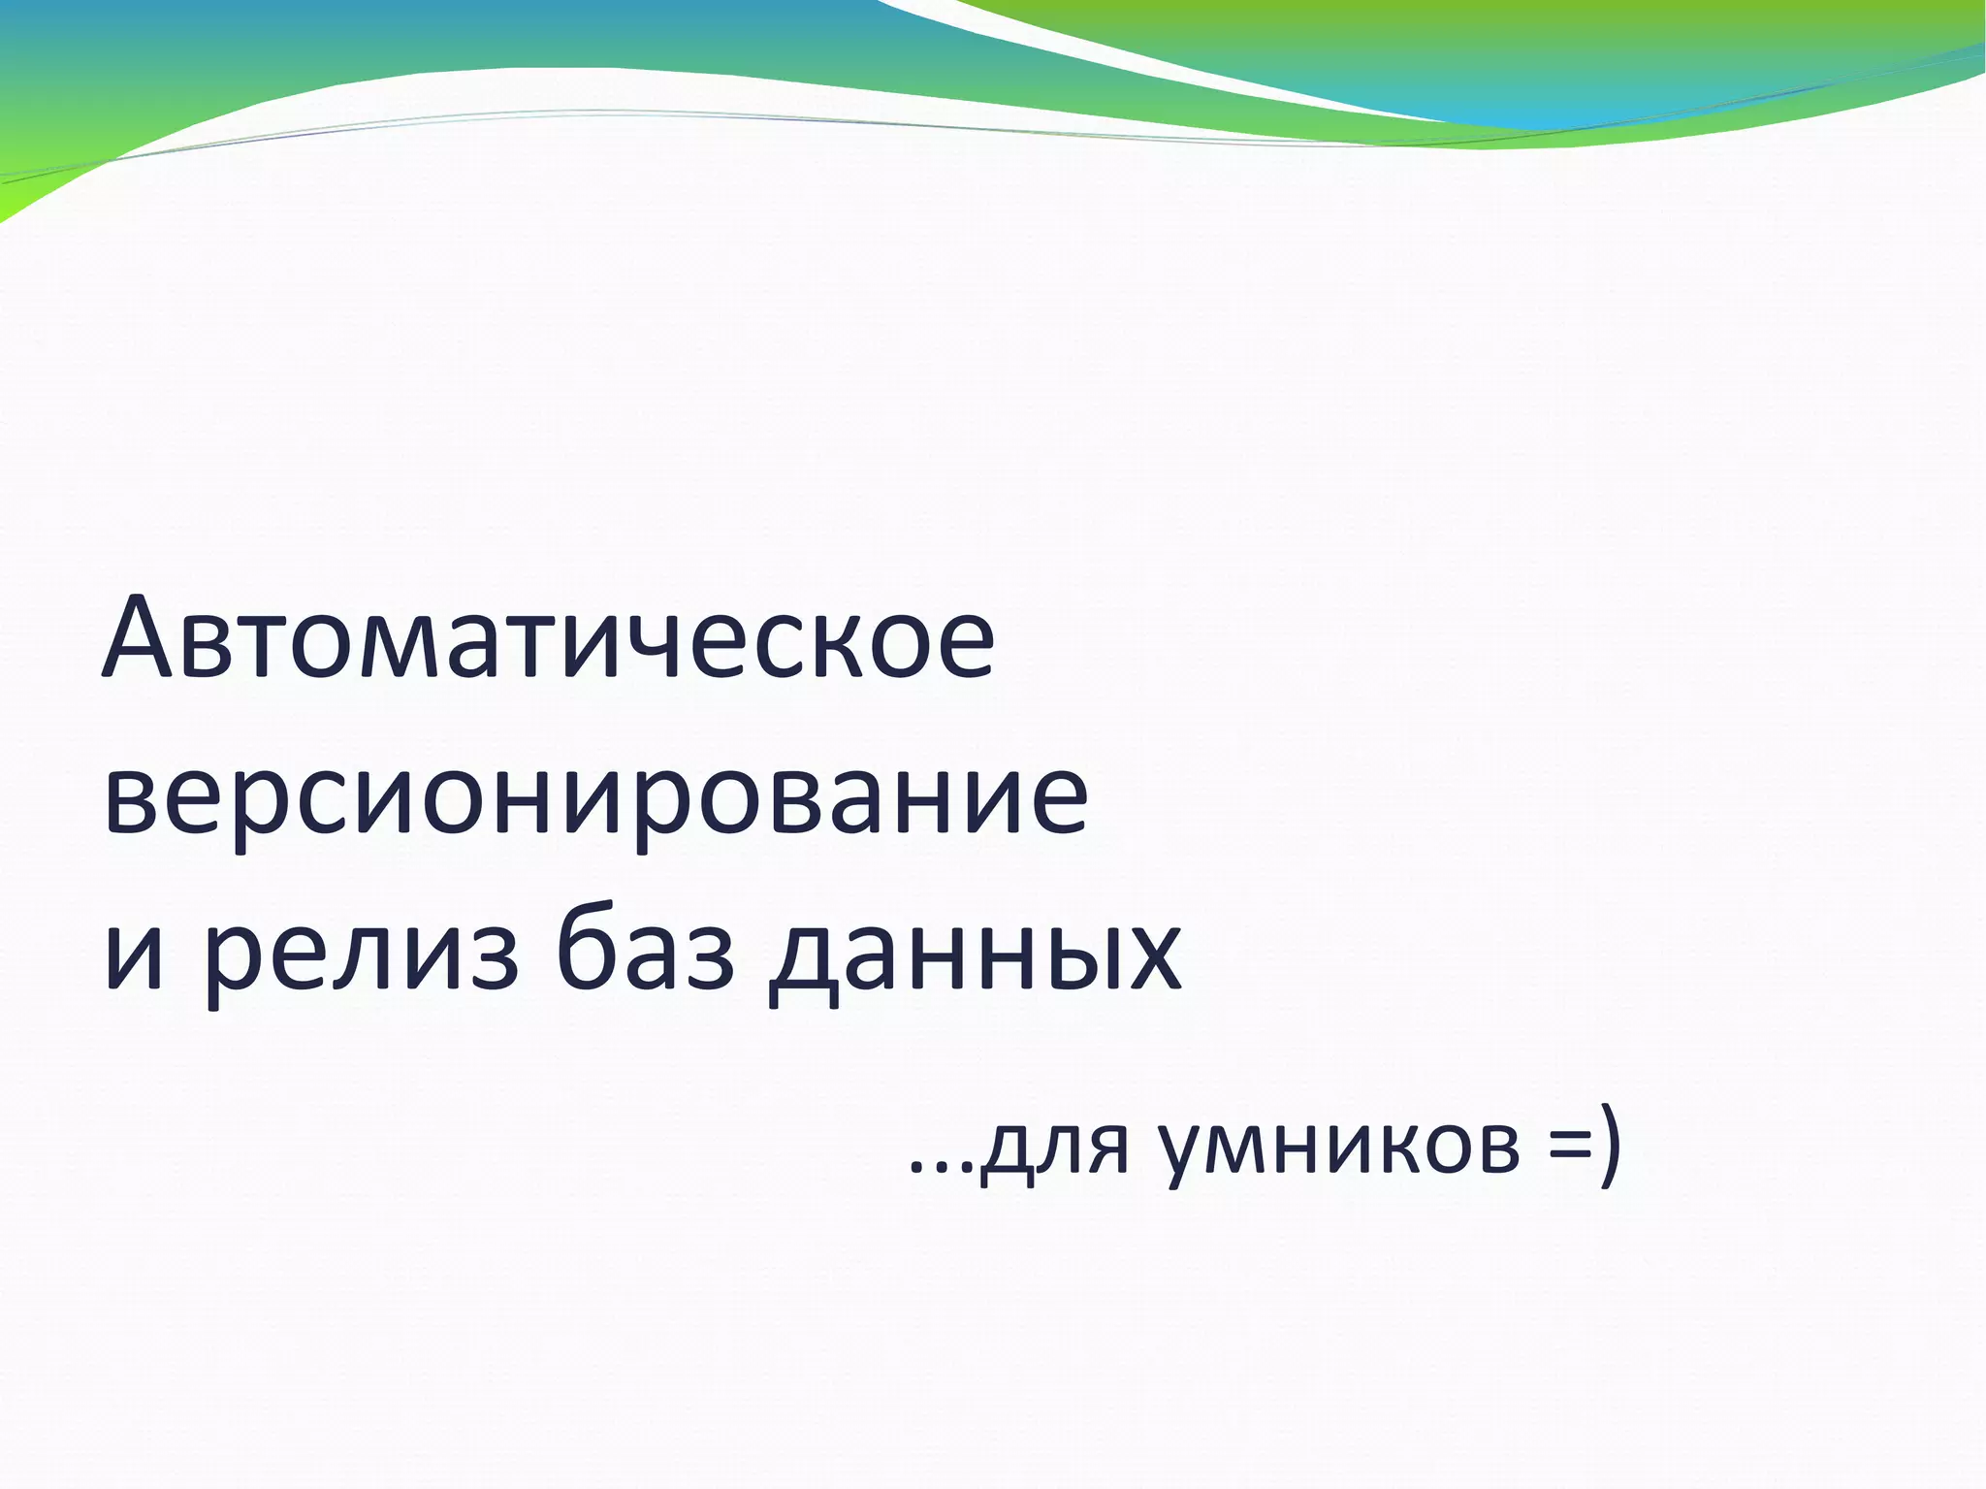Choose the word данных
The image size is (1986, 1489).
click(975, 955)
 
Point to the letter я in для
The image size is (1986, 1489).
click(1105, 1149)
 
